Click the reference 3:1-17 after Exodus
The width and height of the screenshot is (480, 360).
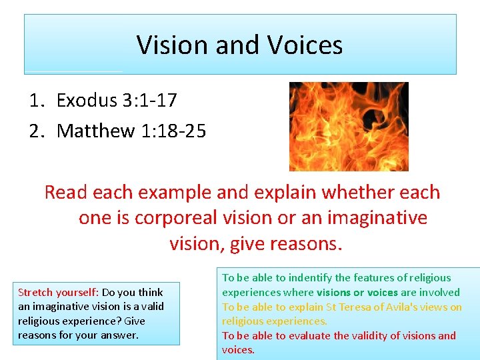click(x=150, y=101)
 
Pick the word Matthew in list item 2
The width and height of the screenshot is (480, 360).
click(x=96, y=131)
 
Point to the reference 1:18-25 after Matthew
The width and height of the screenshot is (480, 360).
click(x=174, y=131)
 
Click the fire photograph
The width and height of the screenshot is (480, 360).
click(x=348, y=126)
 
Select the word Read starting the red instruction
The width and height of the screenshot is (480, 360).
click(x=66, y=193)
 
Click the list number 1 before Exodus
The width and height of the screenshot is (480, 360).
click(x=35, y=101)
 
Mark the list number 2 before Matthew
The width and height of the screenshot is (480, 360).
click(x=35, y=131)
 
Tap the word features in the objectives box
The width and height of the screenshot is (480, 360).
click(x=386, y=278)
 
